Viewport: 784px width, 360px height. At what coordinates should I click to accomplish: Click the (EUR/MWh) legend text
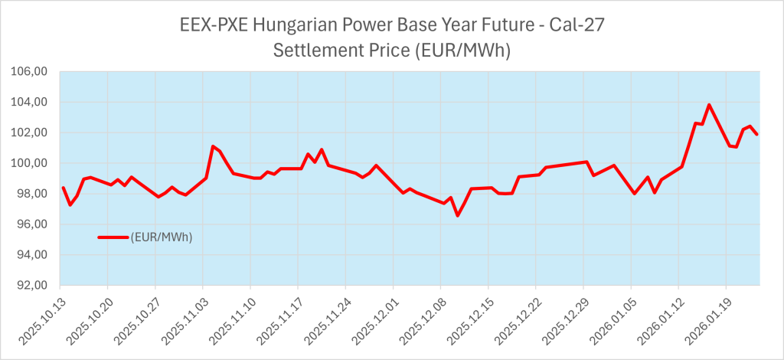162,237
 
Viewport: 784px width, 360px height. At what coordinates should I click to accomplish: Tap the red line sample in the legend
114,237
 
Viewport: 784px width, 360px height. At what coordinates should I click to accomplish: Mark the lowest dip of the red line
458,215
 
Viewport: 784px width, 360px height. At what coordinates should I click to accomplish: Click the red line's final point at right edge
757,135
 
